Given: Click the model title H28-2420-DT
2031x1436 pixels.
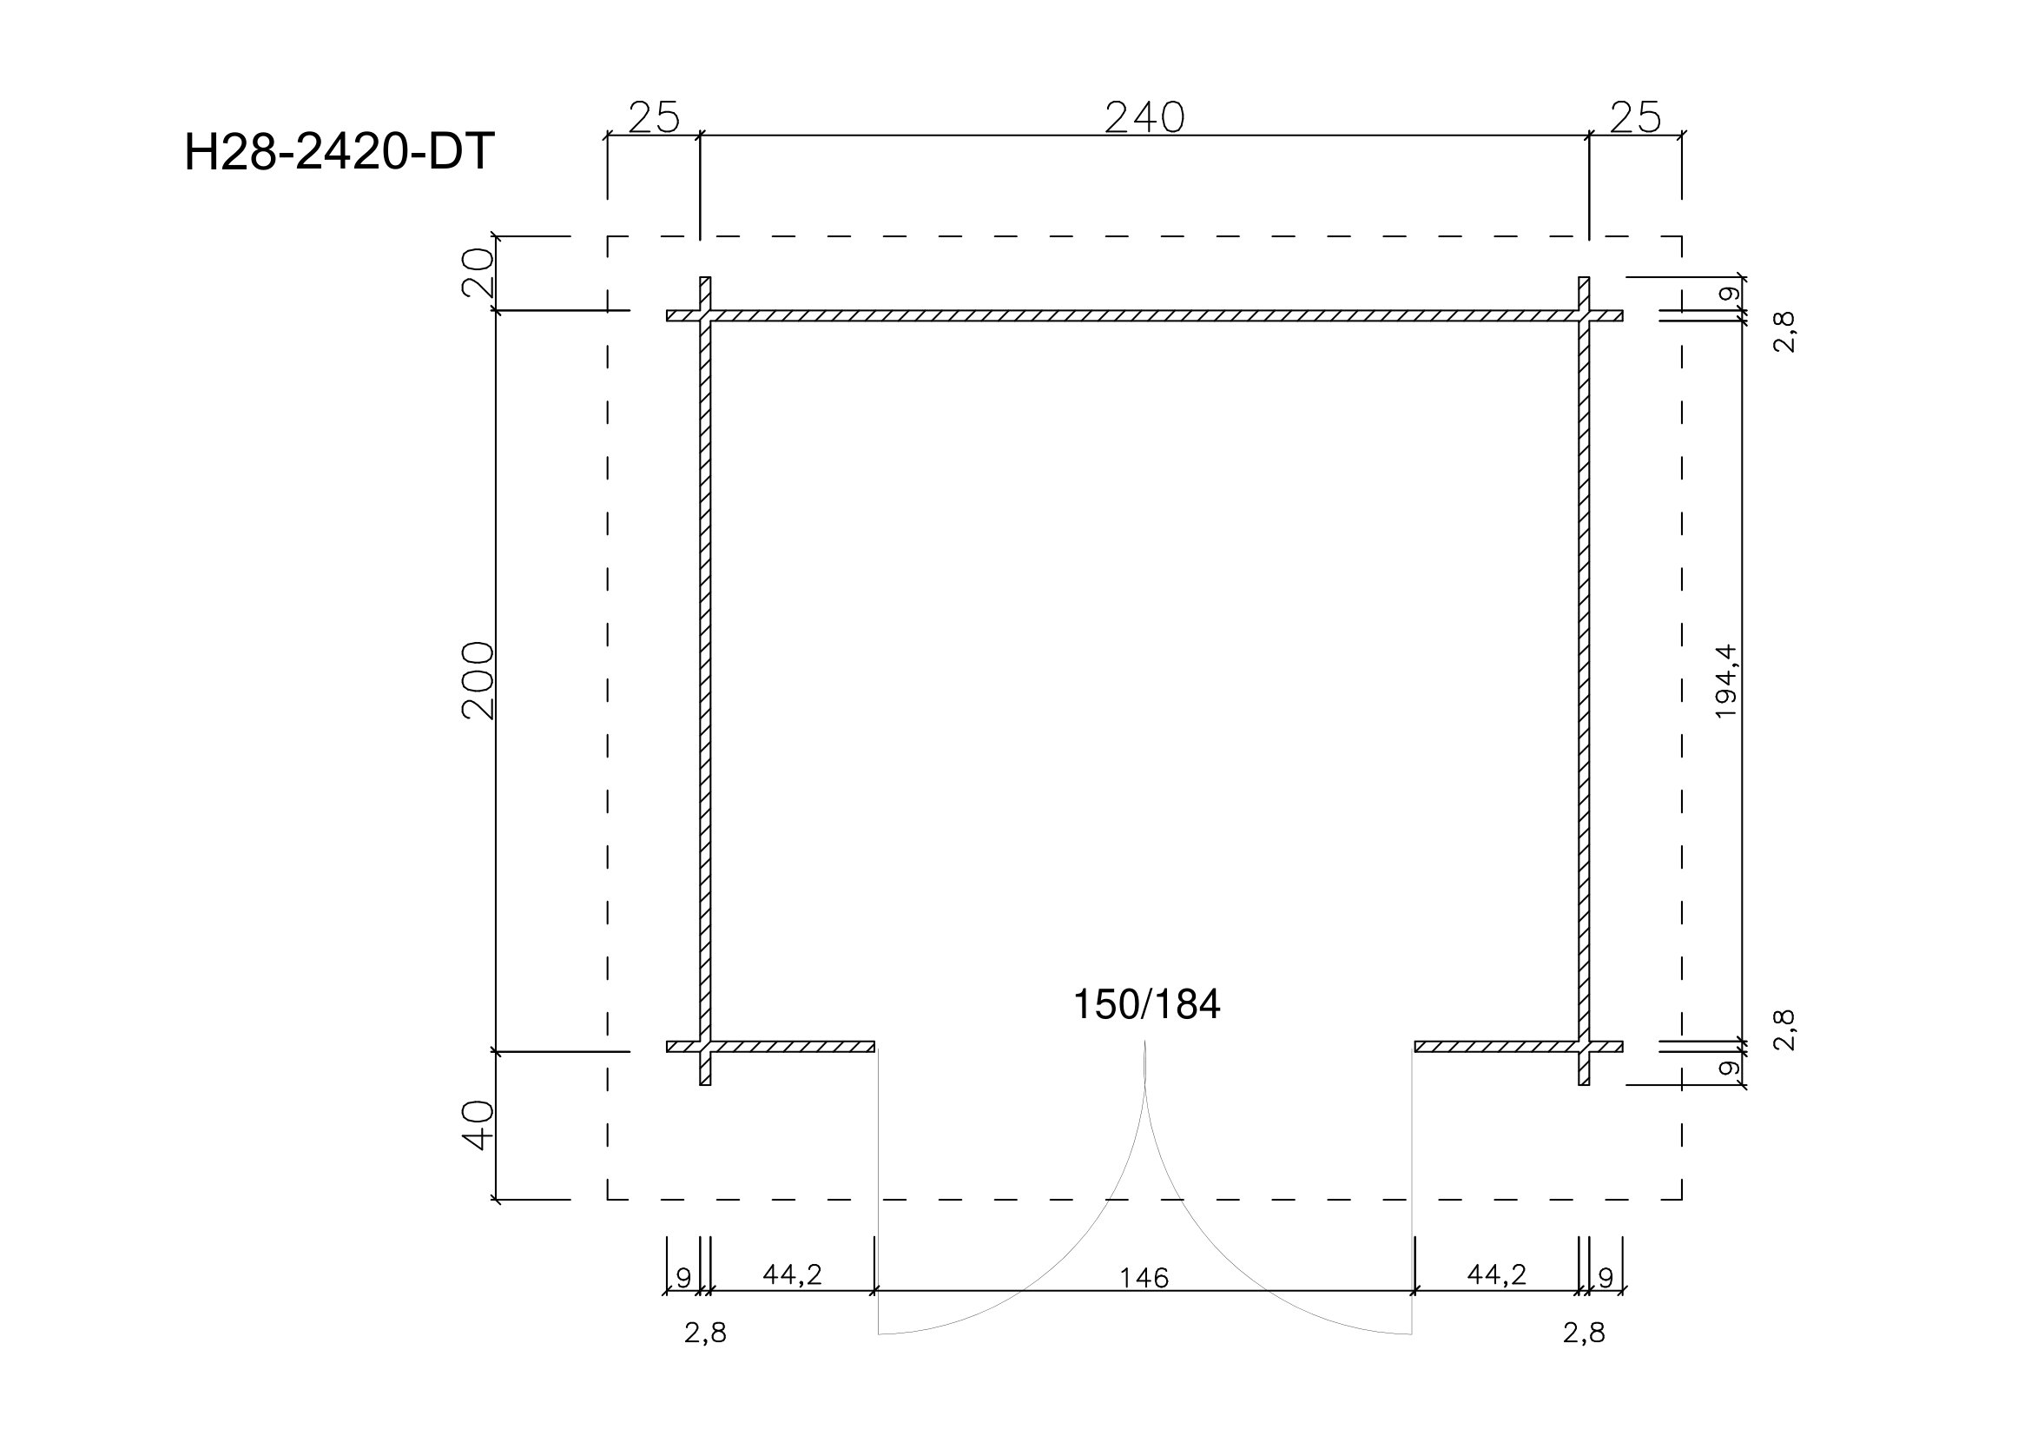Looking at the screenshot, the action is [339, 152].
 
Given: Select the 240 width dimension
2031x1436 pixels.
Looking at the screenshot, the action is [1144, 117].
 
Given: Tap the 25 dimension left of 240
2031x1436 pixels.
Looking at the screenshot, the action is [654, 117].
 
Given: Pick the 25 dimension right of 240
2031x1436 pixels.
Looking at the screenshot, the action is [1636, 117].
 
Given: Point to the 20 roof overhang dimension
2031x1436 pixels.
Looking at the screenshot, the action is [478, 274].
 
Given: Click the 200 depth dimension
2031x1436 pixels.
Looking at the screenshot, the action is [478, 681].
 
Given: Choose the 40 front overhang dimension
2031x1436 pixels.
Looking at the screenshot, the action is [478, 1126].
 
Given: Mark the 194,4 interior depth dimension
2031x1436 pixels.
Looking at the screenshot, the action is [1726, 681].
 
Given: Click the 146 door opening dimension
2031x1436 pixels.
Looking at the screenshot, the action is [1144, 1278].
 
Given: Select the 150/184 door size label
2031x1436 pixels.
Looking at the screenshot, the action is [1146, 1005].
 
